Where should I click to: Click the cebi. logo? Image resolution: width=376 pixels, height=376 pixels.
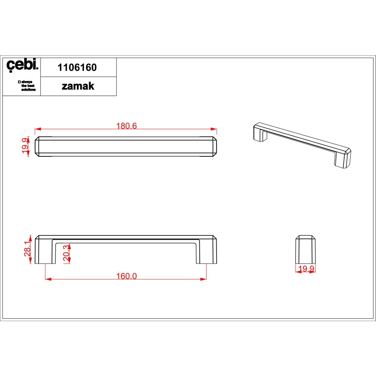coord(22,65)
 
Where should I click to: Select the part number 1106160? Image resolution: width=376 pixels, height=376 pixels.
coord(77,68)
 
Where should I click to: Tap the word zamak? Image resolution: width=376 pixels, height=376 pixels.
coord(78,86)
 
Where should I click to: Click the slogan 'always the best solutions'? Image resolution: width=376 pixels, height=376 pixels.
coord(27,86)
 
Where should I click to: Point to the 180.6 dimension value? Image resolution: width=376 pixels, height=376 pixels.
coord(126,126)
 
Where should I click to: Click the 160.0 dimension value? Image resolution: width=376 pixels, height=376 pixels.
coord(126,276)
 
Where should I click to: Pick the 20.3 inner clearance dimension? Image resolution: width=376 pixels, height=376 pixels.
coord(66,254)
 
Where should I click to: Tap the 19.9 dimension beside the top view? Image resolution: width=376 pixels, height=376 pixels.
coord(25,146)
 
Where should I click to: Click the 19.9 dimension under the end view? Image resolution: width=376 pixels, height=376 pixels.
coord(306,268)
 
